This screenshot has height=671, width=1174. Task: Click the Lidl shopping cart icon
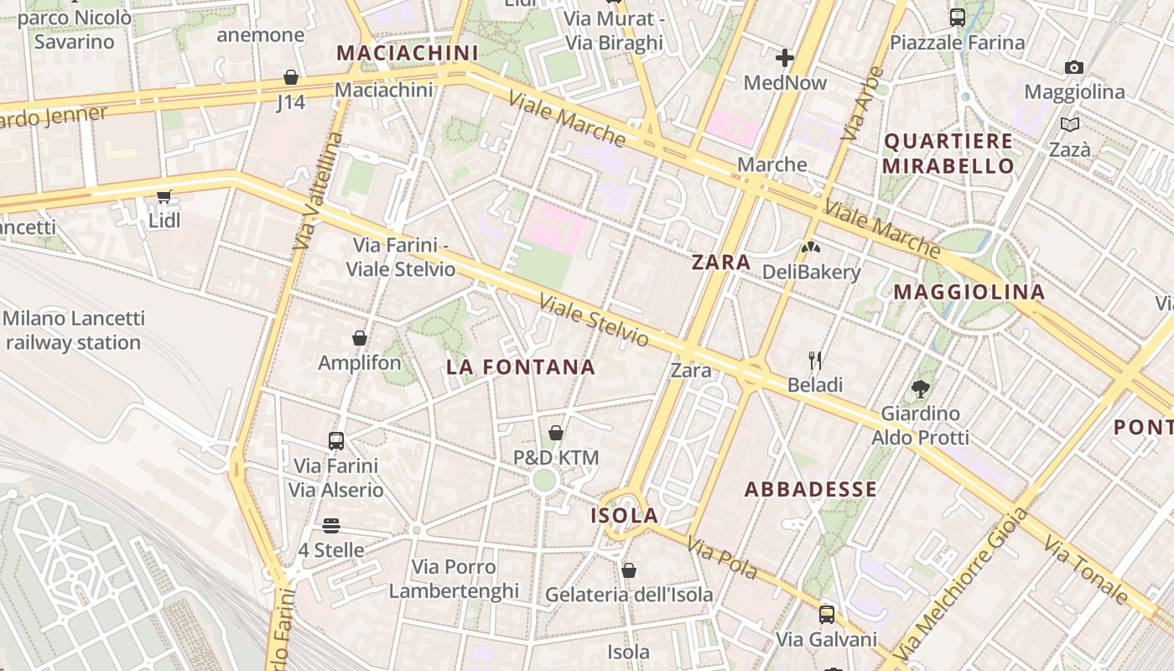[164, 197]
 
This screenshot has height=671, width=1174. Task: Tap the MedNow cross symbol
[785, 58]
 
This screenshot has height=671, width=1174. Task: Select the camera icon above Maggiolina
[1073, 67]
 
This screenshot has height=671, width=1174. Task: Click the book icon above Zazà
[1070, 125]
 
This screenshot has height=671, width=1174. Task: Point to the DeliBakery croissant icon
[810, 247]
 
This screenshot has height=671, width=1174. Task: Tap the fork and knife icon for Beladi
[815, 361]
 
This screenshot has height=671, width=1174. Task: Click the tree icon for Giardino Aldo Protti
[921, 389]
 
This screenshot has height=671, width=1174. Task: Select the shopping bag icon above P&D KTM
[555, 433]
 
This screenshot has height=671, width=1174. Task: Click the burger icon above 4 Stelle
[331, 526]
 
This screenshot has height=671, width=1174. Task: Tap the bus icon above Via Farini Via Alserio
[336, 440]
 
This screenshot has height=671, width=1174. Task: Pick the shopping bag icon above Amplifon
[360, 338]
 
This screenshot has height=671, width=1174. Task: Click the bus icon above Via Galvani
[827, 615]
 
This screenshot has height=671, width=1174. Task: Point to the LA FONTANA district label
[521, 367]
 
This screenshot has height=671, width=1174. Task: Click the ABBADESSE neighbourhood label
[811, 489]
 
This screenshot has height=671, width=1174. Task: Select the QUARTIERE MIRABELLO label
[948, 153]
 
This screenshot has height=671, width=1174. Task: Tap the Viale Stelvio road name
[594, 320]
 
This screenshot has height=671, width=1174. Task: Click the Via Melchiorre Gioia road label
[961, 584]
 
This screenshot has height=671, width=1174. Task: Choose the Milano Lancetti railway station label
[74, 330]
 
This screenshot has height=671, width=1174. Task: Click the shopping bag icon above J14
[291, 78]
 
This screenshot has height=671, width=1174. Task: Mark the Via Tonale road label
[1086, 570]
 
